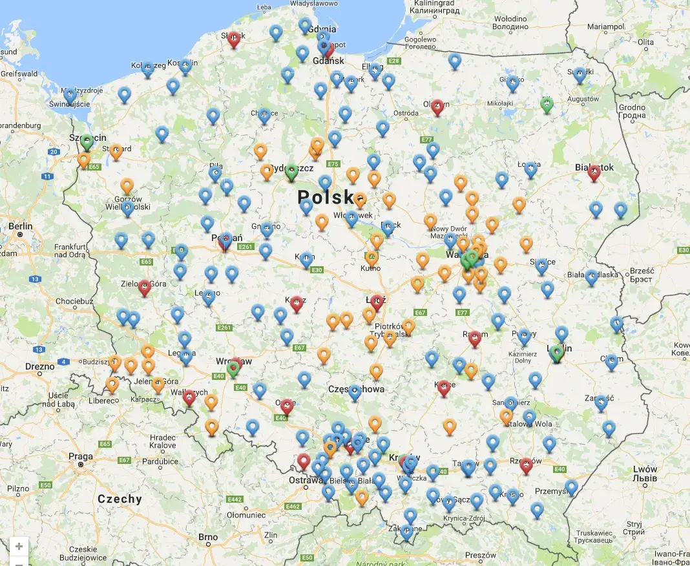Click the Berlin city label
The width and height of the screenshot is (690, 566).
coord(22,226)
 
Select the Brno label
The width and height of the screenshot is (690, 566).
coord(208,537)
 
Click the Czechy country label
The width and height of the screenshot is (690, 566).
coord(120,499)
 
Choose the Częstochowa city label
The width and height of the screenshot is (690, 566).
coord(356,389)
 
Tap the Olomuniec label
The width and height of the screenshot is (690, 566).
coord(246,515)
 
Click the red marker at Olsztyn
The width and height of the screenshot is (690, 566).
coord(438,106)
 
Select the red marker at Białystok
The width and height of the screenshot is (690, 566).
coord(594,172)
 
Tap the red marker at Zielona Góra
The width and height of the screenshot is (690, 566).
coord(145,287)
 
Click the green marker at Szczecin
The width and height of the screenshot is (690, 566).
coord(87,141)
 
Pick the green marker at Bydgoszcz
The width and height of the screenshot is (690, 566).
coord(291,171)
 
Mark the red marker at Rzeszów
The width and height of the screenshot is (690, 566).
coord(526,465)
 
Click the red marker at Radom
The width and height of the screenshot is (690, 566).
coord(475,338)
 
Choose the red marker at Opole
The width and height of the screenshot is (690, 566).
coord(287,406)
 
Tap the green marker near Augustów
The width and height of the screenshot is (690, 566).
coord(547,105)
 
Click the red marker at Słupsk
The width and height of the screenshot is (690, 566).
coord(235,39)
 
